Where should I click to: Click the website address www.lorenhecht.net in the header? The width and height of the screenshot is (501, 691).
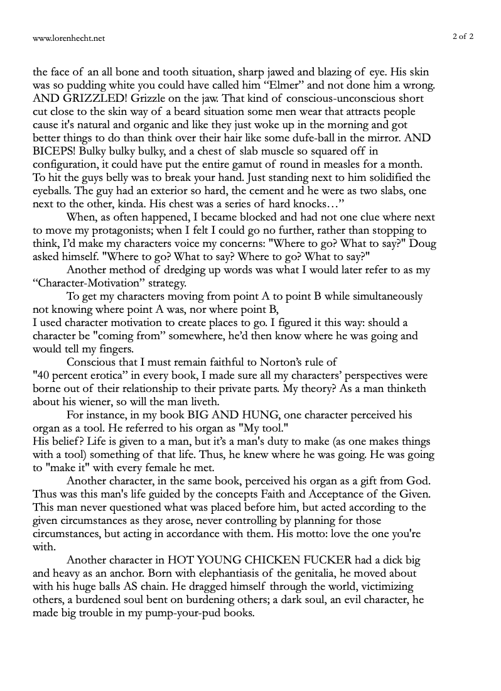pyautogui.click(x=69, y=38)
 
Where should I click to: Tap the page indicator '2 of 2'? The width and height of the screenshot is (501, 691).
pyautogui.click(x=463, y=36)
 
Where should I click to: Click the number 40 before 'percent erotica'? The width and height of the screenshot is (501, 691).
pyautogui.click(x=41, y=376)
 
